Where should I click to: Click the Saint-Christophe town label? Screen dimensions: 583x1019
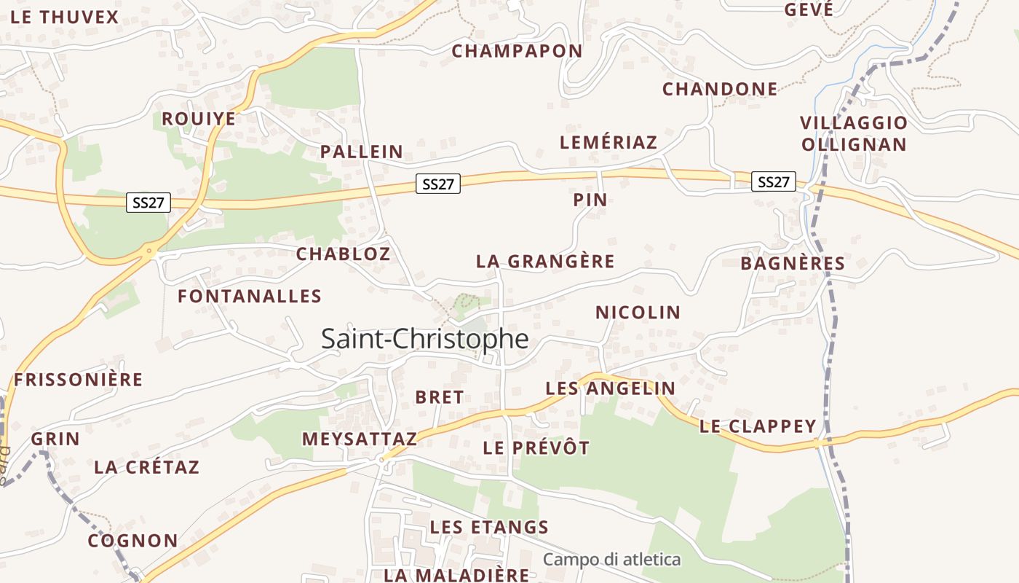424,339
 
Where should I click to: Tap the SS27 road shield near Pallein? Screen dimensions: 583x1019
438,184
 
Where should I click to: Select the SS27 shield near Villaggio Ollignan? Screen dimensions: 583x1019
773,181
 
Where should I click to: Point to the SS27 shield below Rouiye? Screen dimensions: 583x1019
148,203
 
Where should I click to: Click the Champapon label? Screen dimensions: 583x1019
517,51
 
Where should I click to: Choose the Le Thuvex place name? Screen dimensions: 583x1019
65,17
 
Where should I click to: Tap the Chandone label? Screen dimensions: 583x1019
720,89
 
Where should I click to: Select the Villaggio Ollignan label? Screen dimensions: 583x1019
854,133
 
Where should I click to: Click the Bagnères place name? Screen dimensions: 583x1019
793,263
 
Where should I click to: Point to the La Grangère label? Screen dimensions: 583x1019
545,261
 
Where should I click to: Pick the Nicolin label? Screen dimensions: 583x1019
638,313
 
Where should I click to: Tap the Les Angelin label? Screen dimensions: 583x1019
610,388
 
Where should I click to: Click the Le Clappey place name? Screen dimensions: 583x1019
758,426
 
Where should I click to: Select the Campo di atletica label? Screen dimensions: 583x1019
611,560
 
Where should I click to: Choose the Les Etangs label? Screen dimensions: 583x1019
489,527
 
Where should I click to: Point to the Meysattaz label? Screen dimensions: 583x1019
360,439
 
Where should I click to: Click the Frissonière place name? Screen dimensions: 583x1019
78,380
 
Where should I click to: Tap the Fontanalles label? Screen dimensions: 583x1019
250,296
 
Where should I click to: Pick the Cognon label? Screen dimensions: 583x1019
132,541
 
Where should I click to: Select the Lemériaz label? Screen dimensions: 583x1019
608,142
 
